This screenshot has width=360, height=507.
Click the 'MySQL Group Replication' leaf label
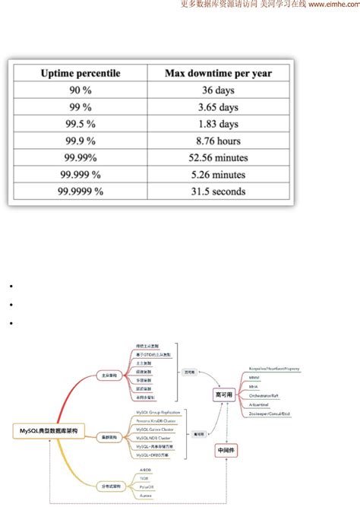pos(158,411)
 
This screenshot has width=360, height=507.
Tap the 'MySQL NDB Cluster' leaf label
pos(153,438)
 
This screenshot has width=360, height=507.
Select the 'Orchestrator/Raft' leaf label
pos(267,396)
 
